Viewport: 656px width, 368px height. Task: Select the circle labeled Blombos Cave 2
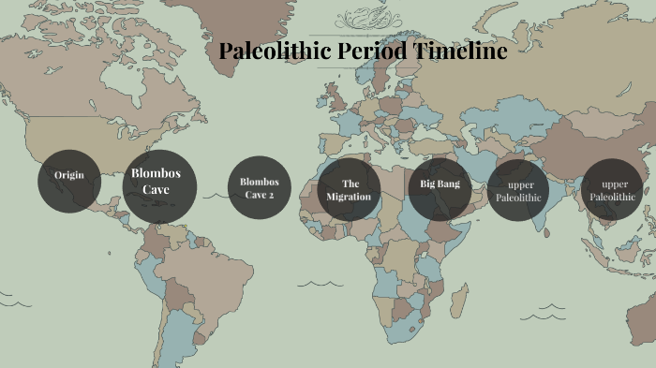point(260,187)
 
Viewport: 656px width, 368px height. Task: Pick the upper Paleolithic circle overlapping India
point(518,190)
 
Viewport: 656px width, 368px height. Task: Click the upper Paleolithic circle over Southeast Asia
point(613,190)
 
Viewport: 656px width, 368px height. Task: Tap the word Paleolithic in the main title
point(274,52)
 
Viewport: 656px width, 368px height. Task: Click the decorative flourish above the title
point(362,18)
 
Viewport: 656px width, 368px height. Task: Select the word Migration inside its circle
point(350,198)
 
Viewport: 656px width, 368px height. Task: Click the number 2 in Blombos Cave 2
point(271,195)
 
